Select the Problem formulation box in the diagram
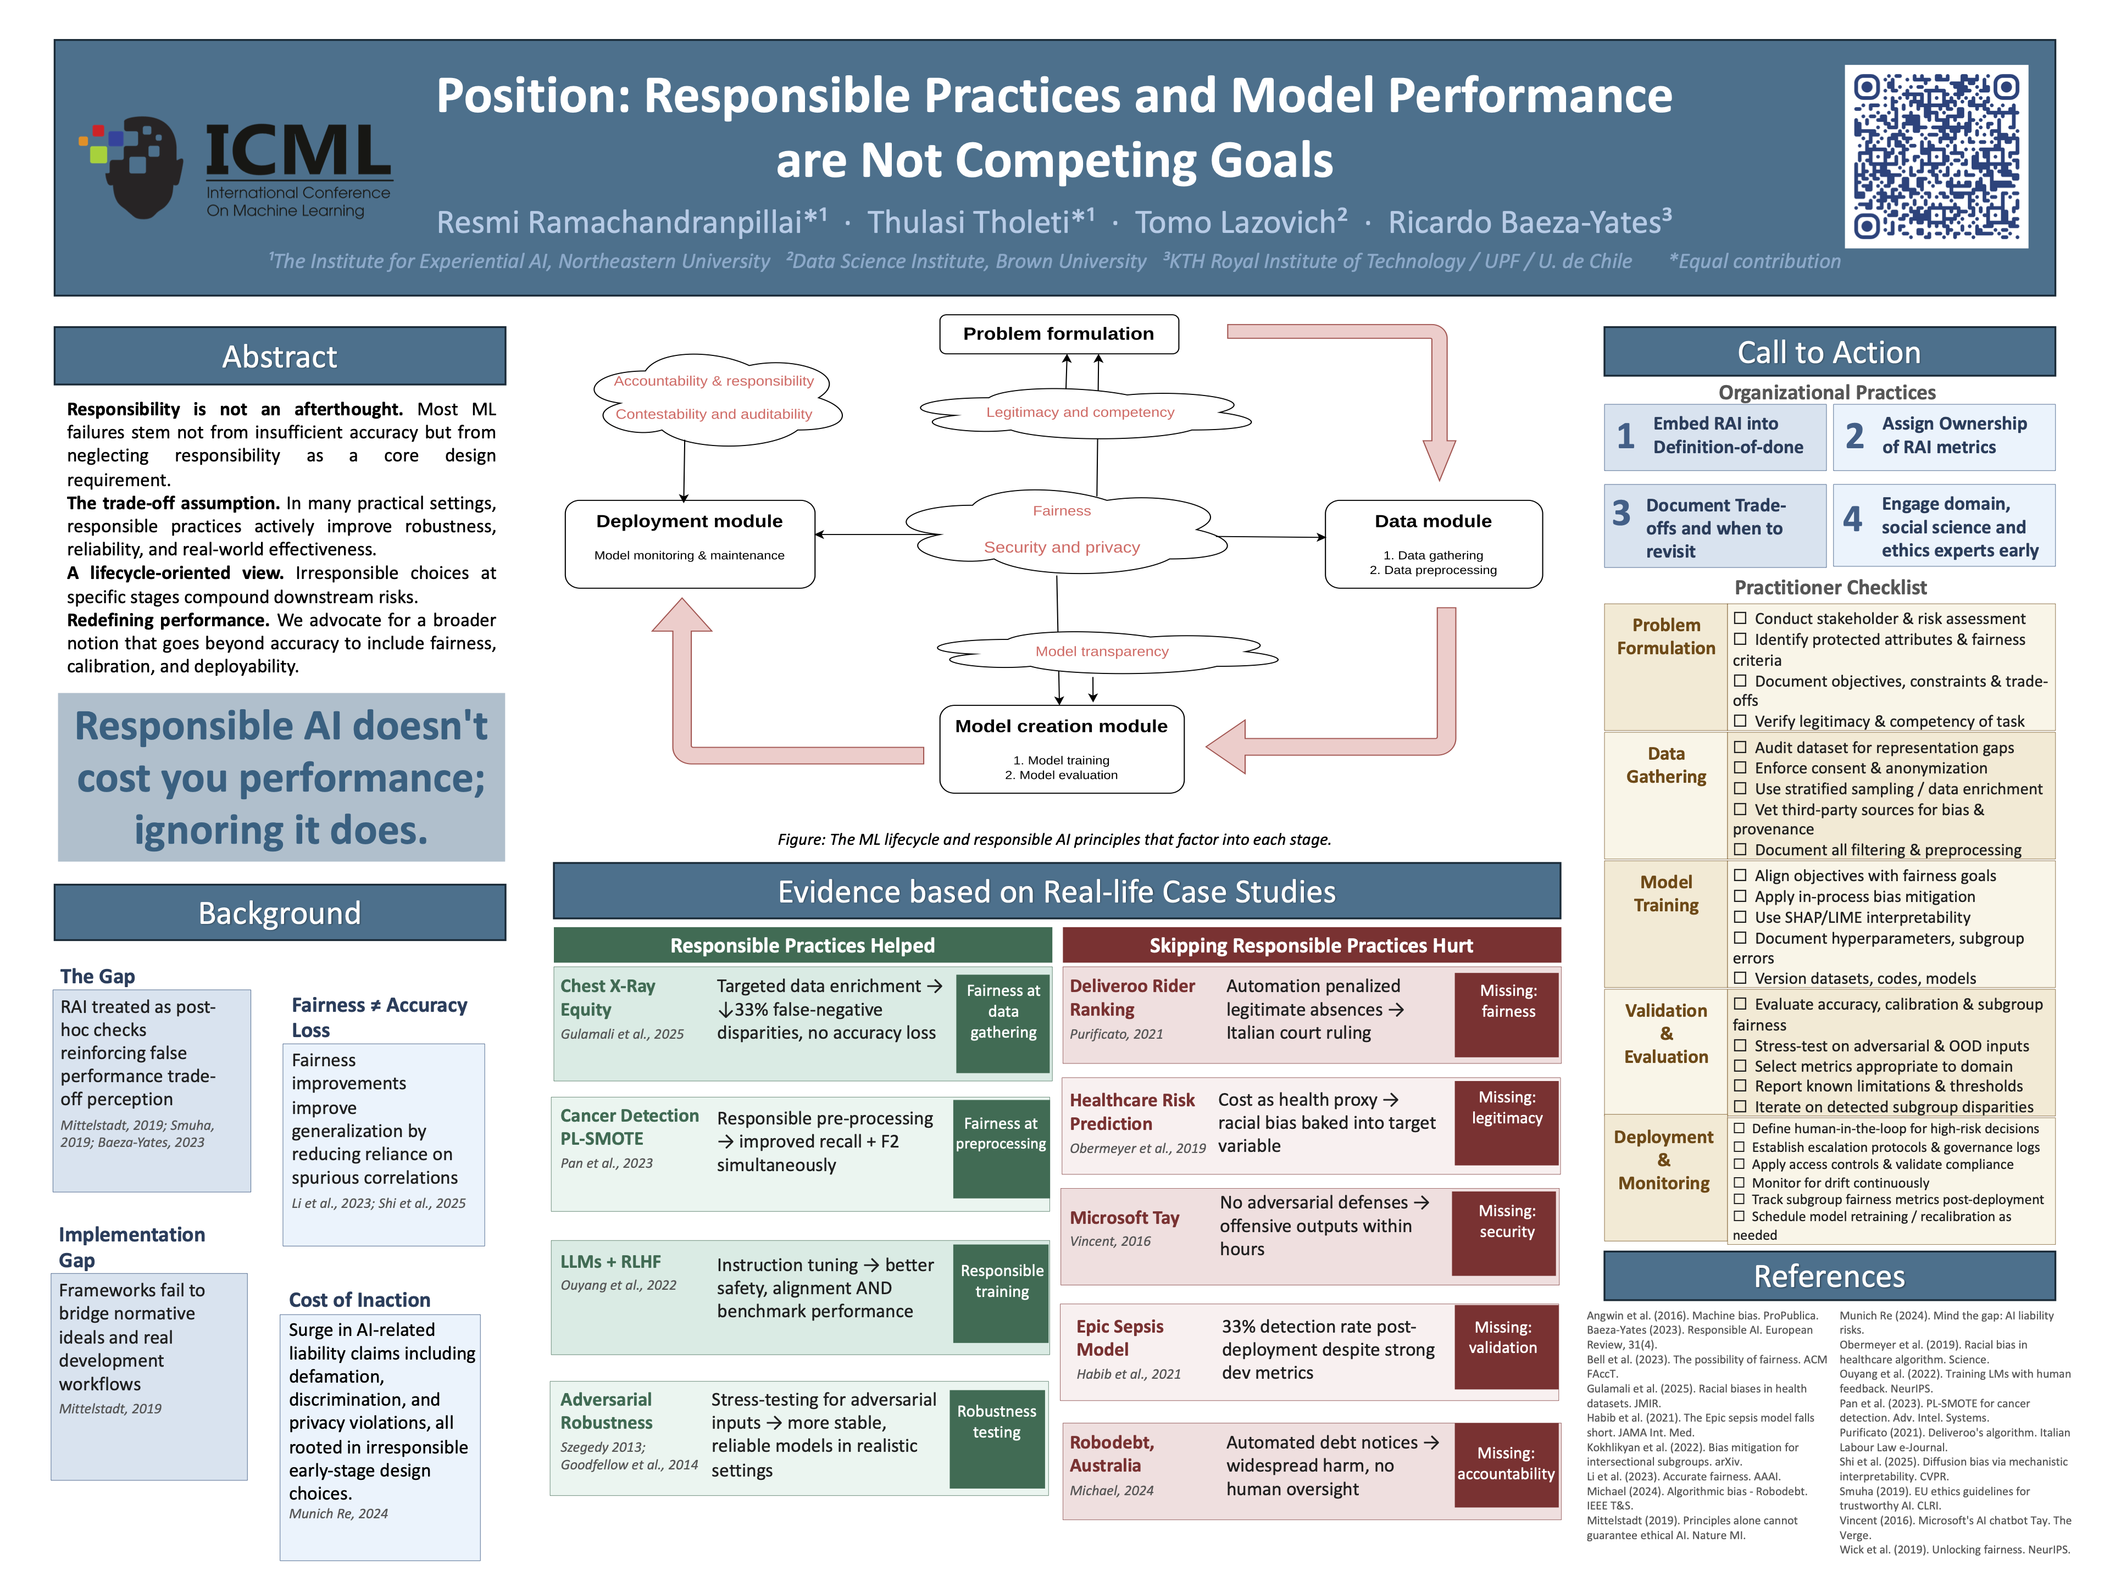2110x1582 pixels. (1059, 334)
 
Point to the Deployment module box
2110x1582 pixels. (690, 544)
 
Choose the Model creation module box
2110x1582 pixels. (1062, 749)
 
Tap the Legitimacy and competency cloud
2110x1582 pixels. (1081, 412)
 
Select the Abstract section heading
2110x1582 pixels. (280, 356)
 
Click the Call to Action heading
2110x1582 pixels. (1829, 352)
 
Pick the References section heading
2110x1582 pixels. (1829, 1276)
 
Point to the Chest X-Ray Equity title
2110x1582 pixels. (608, 998)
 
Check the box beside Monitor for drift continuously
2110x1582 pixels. (1739, 1183)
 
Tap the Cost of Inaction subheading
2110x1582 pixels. (359, 1300)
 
